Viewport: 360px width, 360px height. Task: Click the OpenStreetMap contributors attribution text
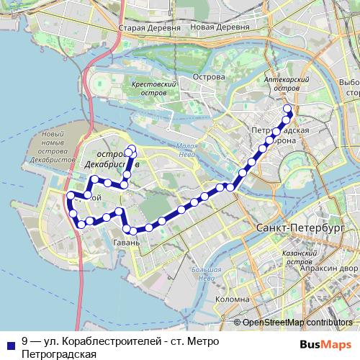[x=297, y=322]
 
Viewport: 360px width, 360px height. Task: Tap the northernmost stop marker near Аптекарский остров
[x=289, y=109]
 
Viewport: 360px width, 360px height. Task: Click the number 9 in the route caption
[x=25, y=341]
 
